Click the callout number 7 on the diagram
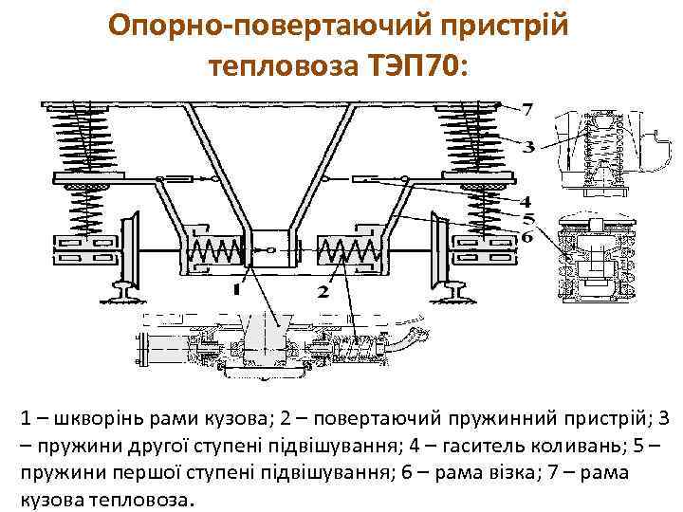527,110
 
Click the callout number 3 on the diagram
528,146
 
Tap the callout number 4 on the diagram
526,201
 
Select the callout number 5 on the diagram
526,218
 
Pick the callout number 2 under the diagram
323,290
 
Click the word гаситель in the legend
484,444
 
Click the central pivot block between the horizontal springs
272,250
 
